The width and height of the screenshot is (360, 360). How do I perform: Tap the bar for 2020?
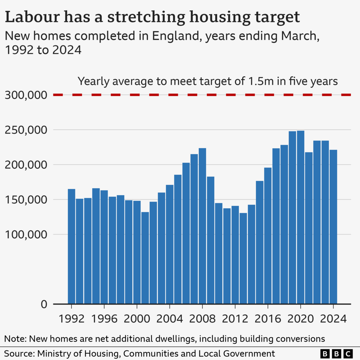point(300,217)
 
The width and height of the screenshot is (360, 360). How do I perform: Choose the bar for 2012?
point(235,255)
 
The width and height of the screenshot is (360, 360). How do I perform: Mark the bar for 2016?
point(268,236)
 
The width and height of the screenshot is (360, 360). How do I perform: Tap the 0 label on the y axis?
point(44,304)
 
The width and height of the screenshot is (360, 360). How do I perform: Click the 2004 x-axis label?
point(169,318)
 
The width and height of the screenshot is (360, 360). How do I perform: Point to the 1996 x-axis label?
point(104,318)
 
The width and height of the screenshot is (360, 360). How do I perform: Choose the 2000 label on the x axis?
point(137,318)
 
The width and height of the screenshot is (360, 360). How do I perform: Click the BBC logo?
point(336,353)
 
